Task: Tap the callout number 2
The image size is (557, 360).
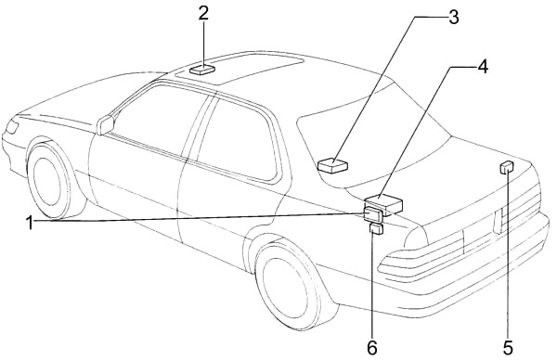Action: [203, 13]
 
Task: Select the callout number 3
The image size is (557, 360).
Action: [453, 17]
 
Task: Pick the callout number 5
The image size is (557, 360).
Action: [508, 347]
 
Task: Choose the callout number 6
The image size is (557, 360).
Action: [371, 347]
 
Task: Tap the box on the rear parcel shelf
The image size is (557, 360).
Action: [331, 166]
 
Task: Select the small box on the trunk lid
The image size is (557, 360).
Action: [507, 167]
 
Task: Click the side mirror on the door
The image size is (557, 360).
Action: [106, 123]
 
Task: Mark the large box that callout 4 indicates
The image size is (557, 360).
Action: [384, 203]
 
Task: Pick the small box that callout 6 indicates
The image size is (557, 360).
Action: [376, 229]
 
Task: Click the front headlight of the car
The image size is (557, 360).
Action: [12, 125]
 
